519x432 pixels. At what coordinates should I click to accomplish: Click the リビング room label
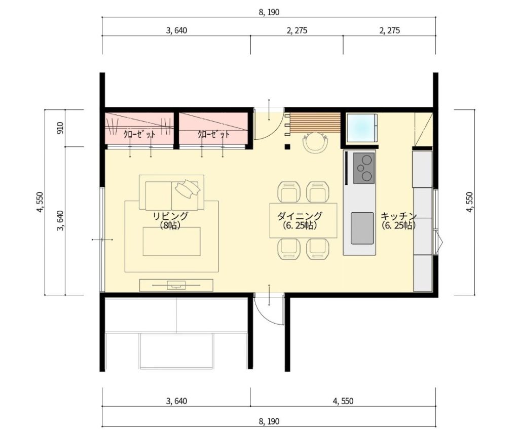pos(170,216)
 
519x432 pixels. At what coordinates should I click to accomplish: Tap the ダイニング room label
pos(300,216)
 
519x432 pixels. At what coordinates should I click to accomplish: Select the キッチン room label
pos(398,216)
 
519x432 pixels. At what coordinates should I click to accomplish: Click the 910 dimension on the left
pos(60,128)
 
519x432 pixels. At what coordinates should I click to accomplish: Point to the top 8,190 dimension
pos(269,12)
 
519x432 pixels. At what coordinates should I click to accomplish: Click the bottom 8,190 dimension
pos(269,421)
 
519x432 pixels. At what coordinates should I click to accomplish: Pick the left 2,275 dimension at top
pos(297,30)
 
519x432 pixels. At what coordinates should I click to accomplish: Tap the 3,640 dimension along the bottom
pos(176,401)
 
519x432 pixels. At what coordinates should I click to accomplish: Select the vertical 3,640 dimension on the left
pos(60,221)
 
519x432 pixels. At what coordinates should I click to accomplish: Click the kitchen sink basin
pos(362,228)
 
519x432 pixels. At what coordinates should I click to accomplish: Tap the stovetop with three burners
pos(364,168)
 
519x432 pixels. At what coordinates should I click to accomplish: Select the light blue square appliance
pos(362,129)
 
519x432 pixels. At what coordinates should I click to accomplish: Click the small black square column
pos(287,147)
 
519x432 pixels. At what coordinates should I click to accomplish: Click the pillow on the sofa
pos(188,189)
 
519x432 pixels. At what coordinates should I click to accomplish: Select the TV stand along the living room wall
pos(176,285)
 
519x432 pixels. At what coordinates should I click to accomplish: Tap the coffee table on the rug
pos(171,241)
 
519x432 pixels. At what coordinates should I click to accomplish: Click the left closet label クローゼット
pos(139,134)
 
